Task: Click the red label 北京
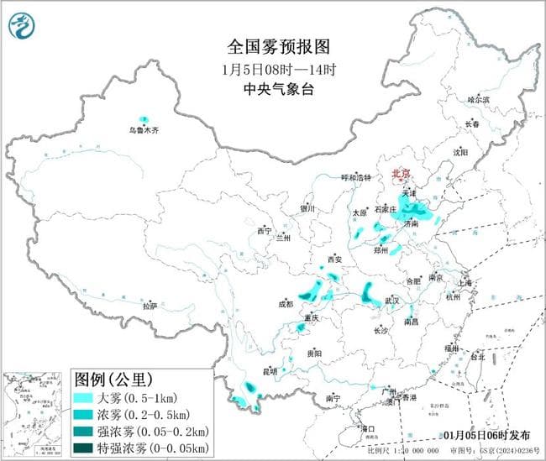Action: (402, 175)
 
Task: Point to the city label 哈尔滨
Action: (478, 99)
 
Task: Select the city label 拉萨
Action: (150, 306)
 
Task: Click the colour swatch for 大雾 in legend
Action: (87, 397)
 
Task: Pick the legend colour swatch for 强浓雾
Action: (87, 429)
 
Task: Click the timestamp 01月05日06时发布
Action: (485, 435)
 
